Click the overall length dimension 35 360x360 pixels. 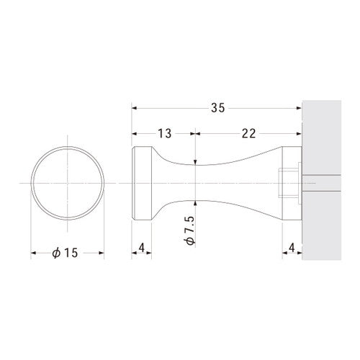[x=218, y=108]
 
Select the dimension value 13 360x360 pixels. [x=165, y=133]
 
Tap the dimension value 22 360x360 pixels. [x=248, y=133]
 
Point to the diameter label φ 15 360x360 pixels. [x=65, y=253]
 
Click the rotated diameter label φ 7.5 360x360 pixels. [x=190, y=230]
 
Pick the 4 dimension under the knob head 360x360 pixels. [x=142, y=248]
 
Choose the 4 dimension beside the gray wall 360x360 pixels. [x=292, y=248]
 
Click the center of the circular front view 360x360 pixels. [x=68, y=183]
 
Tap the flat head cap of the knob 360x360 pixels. [x=142, y=183]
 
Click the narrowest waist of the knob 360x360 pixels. [x=196, y=183]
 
